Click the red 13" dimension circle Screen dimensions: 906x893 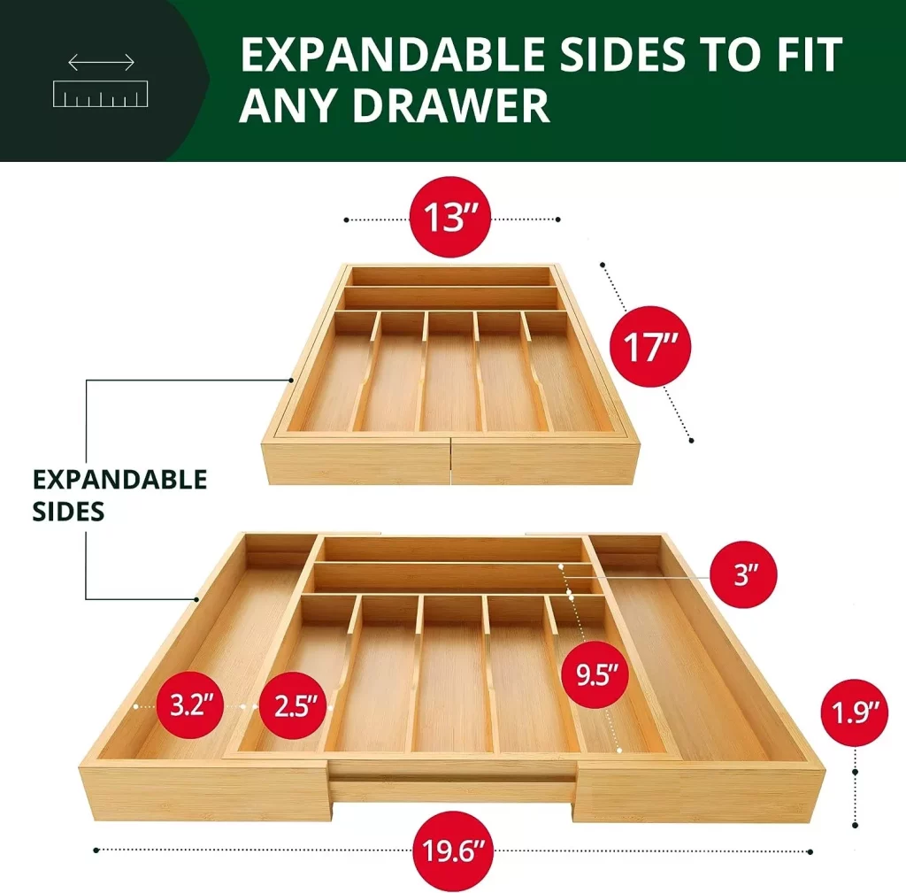(x=450, y=217)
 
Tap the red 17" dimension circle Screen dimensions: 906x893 (x=650, y=346)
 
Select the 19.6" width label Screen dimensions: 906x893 (x=453, y=851)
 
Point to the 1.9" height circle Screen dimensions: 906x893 (x=854, y=712)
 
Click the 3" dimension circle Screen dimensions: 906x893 (x=743, y=574)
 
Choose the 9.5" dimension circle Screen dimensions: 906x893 (x=595, y=674)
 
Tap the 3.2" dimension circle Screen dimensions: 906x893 (x=190, y=705)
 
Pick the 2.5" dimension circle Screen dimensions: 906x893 (x=293, y=705)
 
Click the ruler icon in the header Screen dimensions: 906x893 (x=101, y=94)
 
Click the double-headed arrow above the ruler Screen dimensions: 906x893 (x=101, y=62)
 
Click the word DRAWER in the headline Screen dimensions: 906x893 (x=451, y=106)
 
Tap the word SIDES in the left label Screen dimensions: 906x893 (x=68, y=512)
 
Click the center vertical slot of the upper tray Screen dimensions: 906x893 (x=450, y=373)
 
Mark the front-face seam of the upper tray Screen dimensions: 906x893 (x=450, y=462)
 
